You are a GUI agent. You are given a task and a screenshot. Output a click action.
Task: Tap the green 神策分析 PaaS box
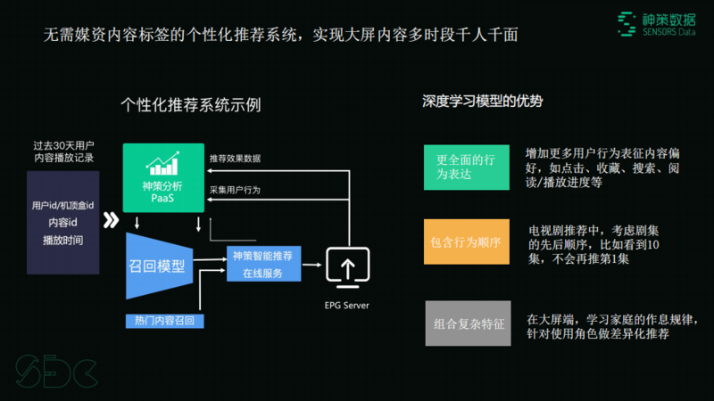point(162,177)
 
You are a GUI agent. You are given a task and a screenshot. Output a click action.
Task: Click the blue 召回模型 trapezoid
point(158,265)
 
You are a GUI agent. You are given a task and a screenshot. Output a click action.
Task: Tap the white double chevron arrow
point(112,220)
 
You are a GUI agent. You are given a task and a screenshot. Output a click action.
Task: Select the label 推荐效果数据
point(235,159)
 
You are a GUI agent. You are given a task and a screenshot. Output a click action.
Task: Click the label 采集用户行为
point(235,191)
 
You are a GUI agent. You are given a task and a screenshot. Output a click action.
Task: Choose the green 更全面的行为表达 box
point(466,167)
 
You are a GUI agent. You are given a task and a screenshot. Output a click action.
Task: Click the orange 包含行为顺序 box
point(466,241)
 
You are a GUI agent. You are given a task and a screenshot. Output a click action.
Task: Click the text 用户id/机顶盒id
point(62,206)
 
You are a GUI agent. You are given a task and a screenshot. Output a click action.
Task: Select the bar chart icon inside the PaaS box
point(162,162)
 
